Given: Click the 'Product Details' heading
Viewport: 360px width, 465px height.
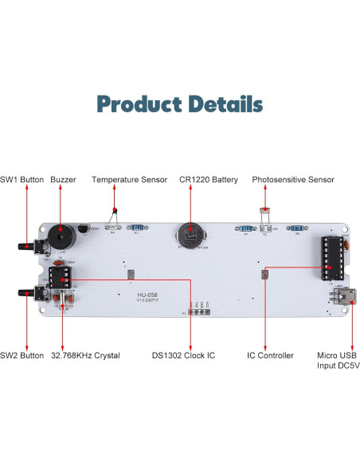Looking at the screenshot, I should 179,104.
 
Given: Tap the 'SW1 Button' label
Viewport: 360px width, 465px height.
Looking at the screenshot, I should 22,180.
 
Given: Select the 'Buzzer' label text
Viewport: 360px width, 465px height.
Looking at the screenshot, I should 63,180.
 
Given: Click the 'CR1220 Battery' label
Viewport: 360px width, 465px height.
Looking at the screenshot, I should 208,180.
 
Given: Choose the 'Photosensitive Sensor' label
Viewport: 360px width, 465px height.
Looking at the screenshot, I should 292,180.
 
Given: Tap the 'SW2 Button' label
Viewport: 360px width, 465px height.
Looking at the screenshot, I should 22,355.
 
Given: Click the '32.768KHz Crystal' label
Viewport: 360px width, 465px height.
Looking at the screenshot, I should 85,355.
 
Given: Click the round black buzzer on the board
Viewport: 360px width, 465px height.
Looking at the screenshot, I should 57,237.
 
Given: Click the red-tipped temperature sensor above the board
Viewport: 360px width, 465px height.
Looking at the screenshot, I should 115,211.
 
